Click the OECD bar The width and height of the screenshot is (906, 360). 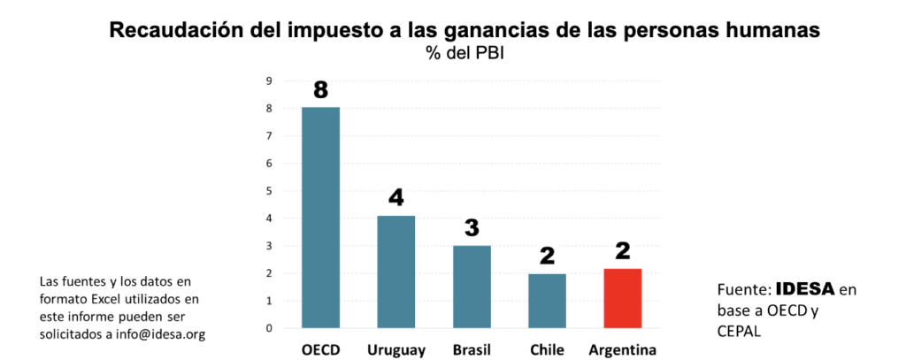tap(320, 217)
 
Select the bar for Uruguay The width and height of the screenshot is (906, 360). tap(395, 272)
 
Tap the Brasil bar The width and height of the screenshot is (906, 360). tap(472, 287)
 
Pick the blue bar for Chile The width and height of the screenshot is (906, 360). tap(547, 301)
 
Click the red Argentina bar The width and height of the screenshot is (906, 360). tap(622, 298)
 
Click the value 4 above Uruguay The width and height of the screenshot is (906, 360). tap(395, 198)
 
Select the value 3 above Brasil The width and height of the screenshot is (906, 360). tap(472, 228)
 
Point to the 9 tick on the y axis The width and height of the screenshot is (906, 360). tap(268, 80)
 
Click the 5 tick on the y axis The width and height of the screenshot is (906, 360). tap(268, 190)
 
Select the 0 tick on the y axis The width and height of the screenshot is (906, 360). tap(268, 328)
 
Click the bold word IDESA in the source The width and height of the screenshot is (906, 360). tap(806, 289)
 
